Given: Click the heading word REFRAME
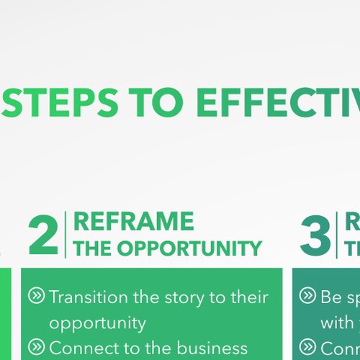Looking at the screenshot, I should click(x=133, y=222).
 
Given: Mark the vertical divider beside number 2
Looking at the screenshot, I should click(x=66, y=235).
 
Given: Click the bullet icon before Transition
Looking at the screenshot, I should click(x=36, y=296).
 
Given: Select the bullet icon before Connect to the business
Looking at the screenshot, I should click(x=36, y=348).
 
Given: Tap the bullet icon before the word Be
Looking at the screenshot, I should click(x=307, y=296).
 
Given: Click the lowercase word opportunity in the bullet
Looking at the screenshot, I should click(x=97, y=323).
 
